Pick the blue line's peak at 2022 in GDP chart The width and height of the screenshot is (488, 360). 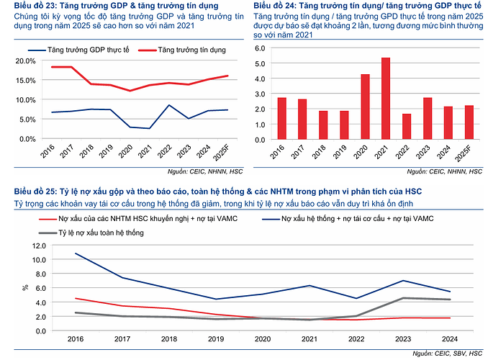coord(168,105)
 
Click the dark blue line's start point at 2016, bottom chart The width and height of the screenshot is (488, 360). coord(76,253)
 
